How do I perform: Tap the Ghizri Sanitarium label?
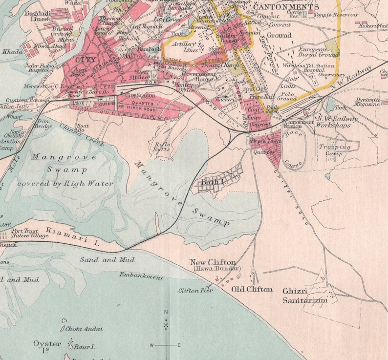click(x=304, y=296)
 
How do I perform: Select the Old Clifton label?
click(x=252, y=289)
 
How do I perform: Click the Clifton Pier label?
click(x=195, y=291)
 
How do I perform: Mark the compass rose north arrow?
click(x=166, y=318)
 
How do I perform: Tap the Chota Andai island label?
click(x=84, y=329)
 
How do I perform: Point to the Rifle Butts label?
click(x=162, y=147)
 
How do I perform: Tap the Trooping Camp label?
click(x=335, y=150)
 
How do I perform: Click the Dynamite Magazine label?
click(x=367, y=102)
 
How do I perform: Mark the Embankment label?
click(x=141, y=276)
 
